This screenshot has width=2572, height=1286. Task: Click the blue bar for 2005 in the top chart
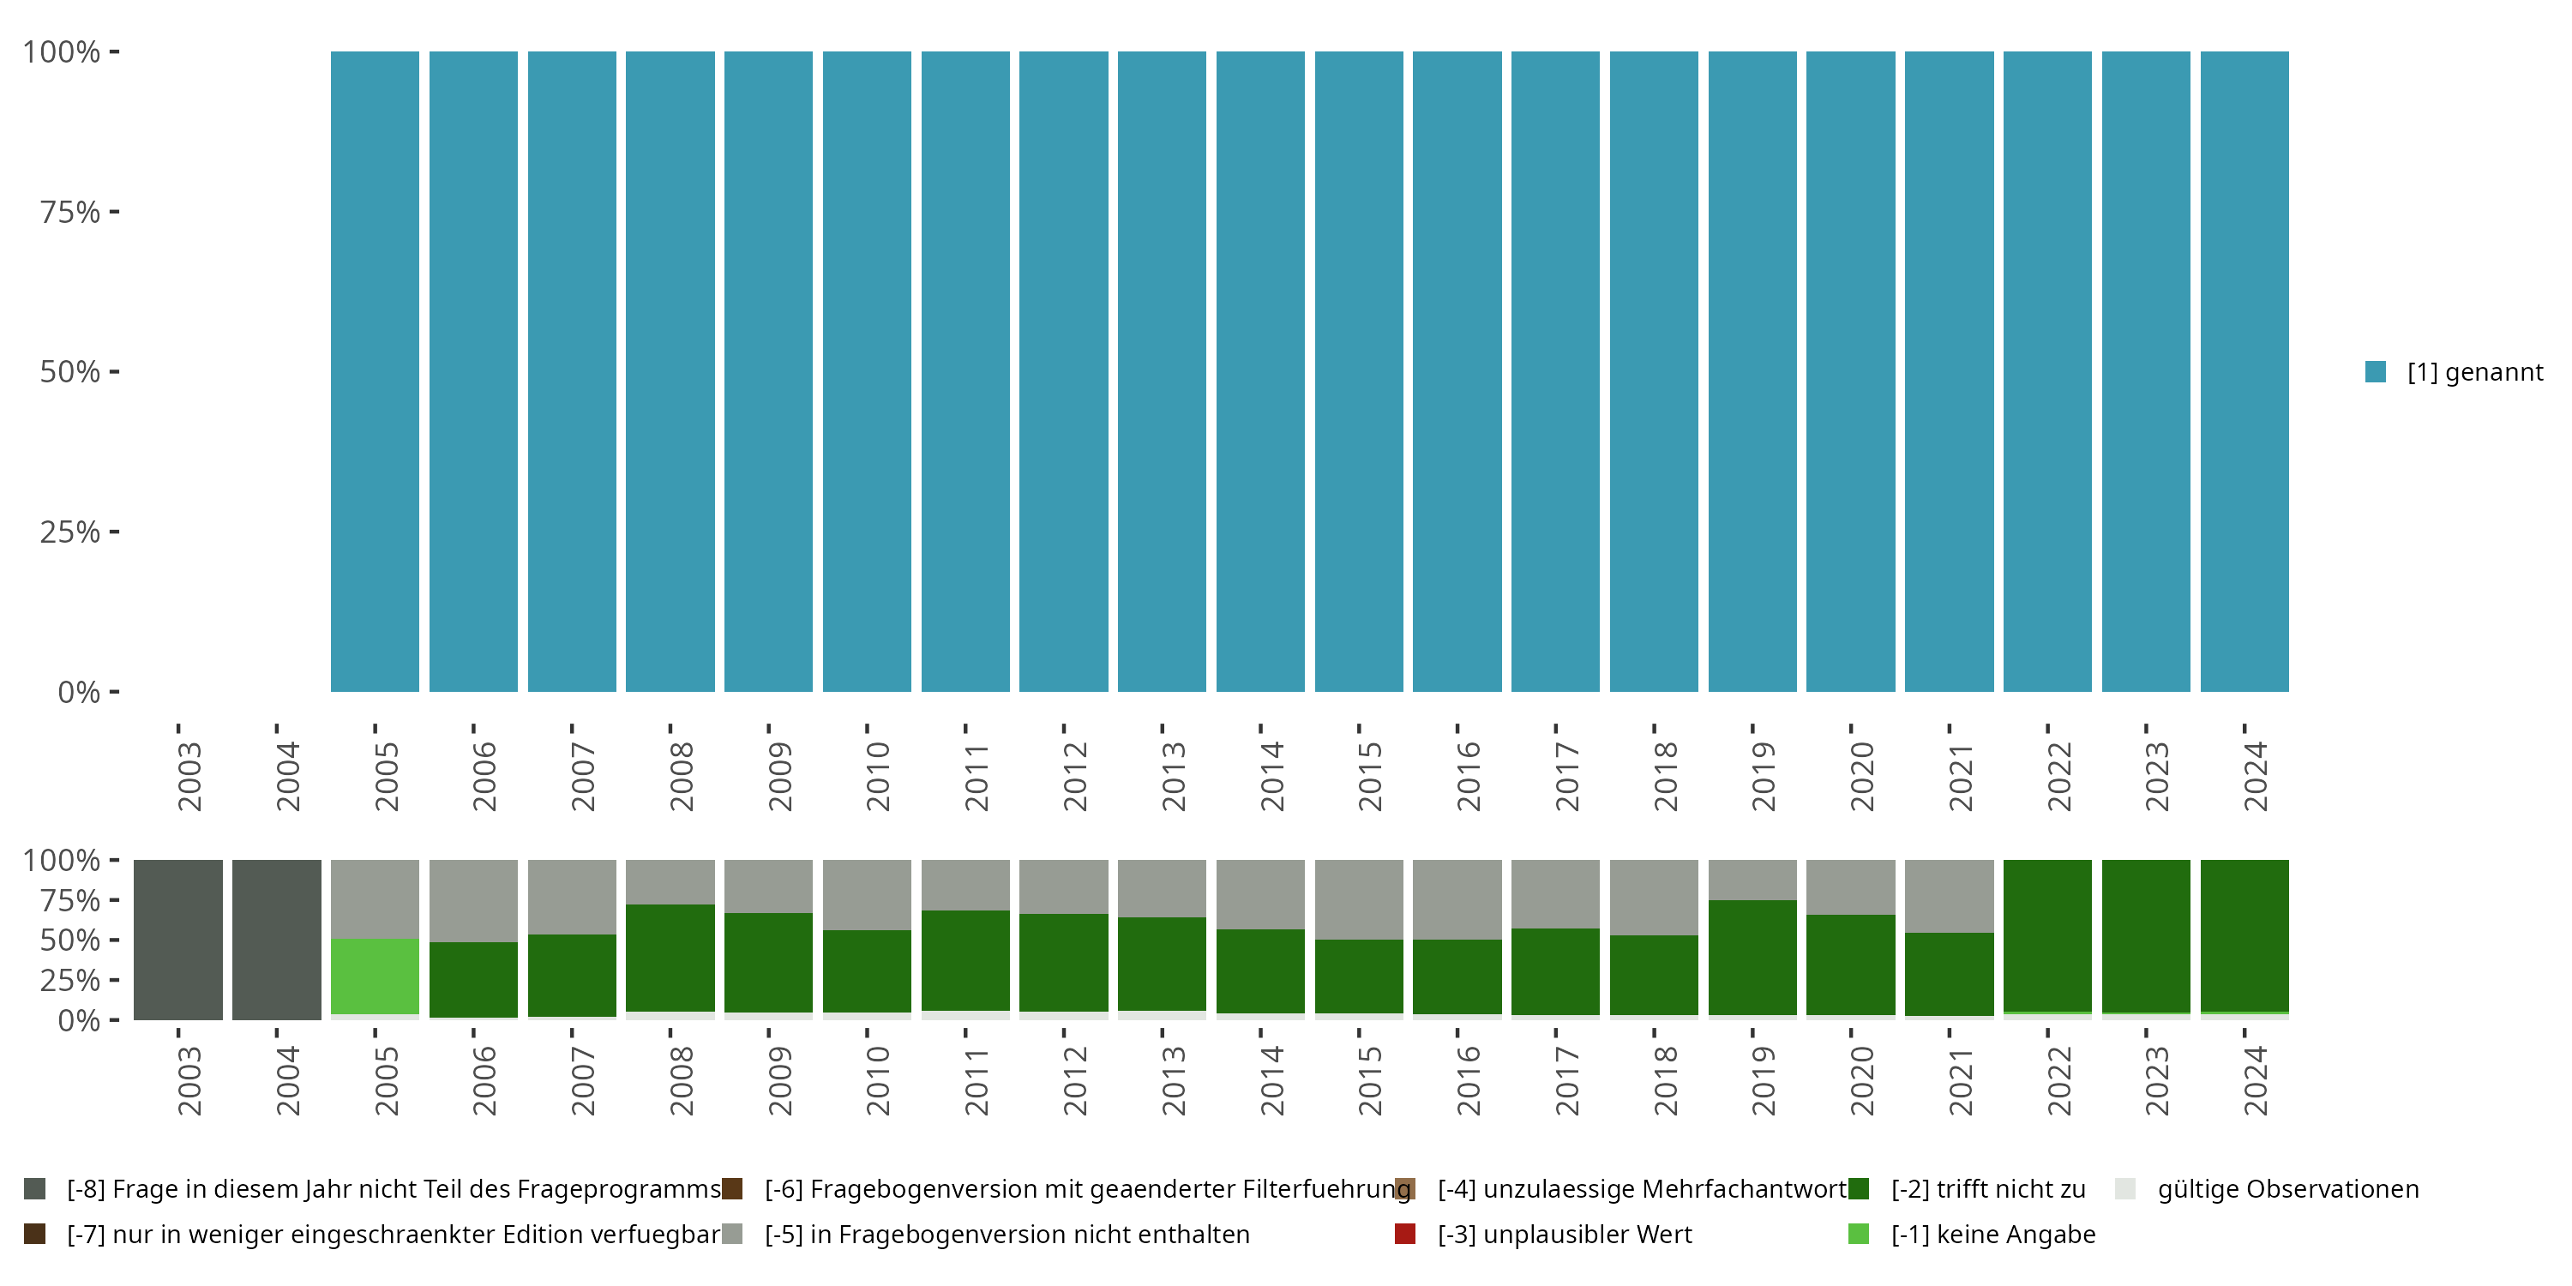[375, 371]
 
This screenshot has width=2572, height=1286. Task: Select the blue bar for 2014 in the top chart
[1260, 371]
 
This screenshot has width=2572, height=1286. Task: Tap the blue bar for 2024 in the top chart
[2244, 371]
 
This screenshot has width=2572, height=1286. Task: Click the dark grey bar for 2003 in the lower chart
[177, 940]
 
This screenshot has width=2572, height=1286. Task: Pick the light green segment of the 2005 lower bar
[375, 976]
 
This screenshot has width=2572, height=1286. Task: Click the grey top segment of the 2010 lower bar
[867, 894]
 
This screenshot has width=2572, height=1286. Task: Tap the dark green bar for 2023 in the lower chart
[2146, 935]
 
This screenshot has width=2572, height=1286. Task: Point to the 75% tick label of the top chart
[70, 212]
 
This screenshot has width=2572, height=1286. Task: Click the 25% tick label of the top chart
[70, 532]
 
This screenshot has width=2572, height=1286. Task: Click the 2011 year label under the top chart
[976, 777]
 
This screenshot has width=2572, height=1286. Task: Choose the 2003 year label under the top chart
[189, 777]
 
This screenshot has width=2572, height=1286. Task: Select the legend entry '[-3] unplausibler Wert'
[1564, 1234]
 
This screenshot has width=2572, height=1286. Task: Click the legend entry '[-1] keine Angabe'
[1992, 1234]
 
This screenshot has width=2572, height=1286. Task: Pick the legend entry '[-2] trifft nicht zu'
[1987, 1189]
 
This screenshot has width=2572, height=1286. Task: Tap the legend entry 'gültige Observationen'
[2287, 1189]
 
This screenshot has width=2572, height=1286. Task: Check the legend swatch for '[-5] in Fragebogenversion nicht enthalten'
[733, 1234]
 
